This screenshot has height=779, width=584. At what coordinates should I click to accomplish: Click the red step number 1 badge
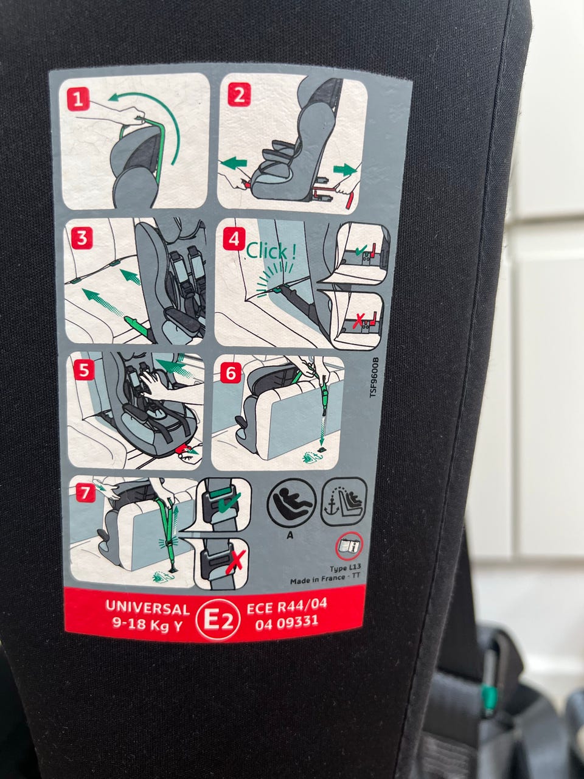[78, 99]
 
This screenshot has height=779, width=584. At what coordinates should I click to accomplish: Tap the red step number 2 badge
[239, 94]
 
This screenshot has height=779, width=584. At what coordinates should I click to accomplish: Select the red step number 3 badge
[82, 238]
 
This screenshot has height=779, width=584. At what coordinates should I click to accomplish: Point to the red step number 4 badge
[234, 239]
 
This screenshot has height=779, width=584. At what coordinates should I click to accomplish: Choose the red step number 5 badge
[84, 370]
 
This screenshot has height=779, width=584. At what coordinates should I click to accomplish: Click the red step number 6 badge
[231, 374]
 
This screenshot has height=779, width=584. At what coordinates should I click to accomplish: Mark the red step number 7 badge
[85, 494]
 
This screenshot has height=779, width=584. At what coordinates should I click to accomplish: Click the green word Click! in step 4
[271, 251]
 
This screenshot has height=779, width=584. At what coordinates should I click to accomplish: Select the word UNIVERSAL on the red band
[147, 608]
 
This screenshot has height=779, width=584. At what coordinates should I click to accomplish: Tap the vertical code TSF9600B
[374, 377]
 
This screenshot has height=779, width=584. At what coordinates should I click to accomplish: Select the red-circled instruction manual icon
[349, 545]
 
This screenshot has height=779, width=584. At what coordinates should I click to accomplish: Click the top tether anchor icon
[344, 501]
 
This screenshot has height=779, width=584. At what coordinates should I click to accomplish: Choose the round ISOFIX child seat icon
[291, 503]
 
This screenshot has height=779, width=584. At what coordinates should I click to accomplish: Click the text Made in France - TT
[325, 579]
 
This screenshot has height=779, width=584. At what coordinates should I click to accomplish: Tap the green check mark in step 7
[229, 503]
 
